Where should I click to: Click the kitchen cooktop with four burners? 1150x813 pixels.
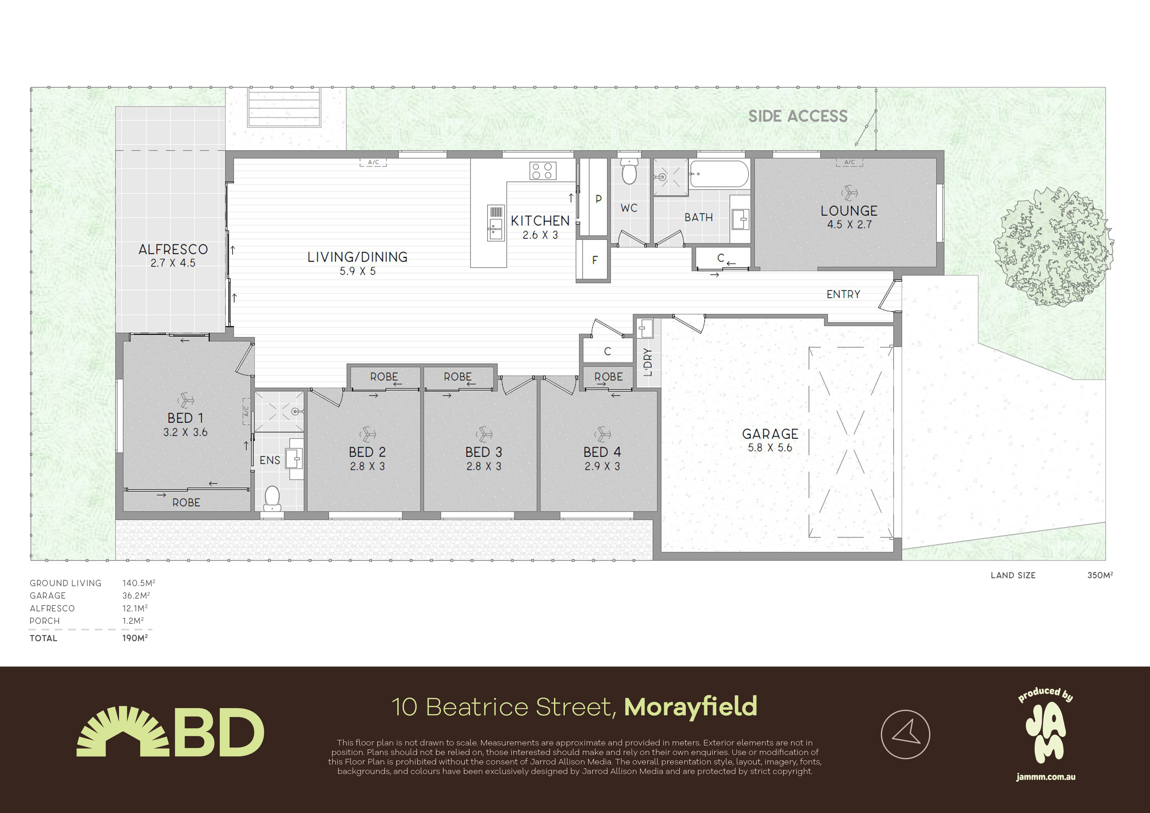tap(543, 171)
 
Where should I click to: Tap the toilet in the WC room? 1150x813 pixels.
tap(629, 171)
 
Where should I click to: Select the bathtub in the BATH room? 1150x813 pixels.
tap(719, 174)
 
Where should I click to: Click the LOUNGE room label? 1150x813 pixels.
tap(849, 211)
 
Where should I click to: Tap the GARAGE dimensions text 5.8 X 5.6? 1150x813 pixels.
tap(770, 448)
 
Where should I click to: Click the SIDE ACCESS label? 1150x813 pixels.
tap(798, 116)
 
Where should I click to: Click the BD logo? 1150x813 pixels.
tap(170, 731)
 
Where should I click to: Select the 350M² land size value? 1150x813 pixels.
tap(1100, 575)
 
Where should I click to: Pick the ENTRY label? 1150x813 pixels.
tap(843, 294)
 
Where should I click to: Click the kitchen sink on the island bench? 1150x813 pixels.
tap(496, 223)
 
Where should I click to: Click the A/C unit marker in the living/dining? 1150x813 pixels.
tap(373, 162)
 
